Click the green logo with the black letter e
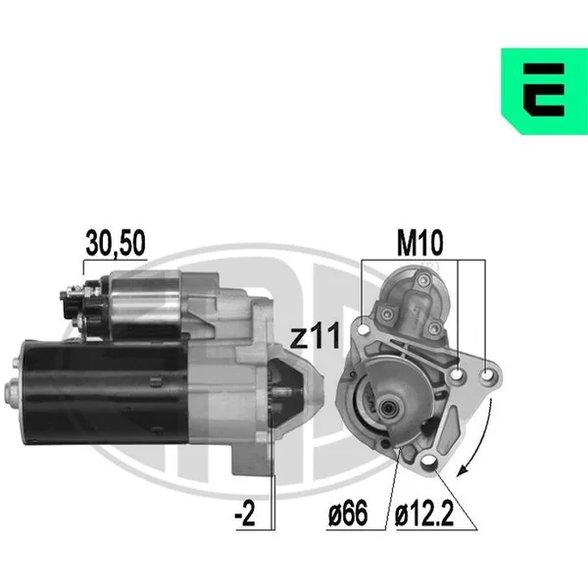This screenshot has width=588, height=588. [x=544, y=91]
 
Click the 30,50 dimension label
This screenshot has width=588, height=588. [x=116, y=243]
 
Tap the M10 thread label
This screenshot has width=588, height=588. [x=420, y=243]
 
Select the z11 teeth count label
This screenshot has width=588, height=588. [x=316, y=335]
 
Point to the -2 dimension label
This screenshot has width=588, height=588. [x=245, y=514]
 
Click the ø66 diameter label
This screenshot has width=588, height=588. [x=348, y=514]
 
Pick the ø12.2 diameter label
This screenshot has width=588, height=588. [x=424, y=514]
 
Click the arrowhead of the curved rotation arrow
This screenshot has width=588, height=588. [x=463, y=470]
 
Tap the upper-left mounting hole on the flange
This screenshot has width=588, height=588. [x=364, y=329]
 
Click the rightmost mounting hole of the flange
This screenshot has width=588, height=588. [x=487, y=374]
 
